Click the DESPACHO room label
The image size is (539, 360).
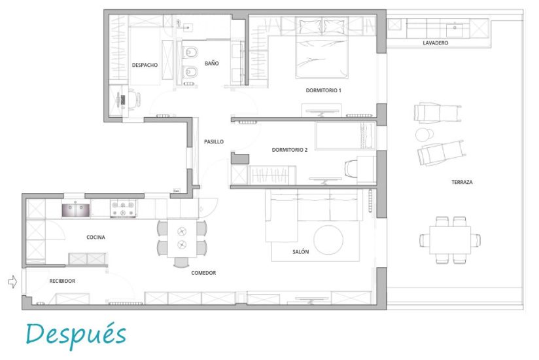point(145,65)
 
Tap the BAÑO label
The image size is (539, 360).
point(211,63)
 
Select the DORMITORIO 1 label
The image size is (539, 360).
point(324,90)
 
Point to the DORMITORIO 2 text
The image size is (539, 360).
point(289,150)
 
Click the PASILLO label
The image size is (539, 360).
point(214,141)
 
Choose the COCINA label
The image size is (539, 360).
point(96,237)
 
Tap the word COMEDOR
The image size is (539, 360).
point(203,273)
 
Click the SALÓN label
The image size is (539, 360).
point(300,252)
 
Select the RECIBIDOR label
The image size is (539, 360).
point(62,281)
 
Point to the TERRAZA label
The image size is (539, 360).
point(462,182)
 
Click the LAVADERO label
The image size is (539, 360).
point(436,43)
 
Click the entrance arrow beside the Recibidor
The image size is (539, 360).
point(12,281)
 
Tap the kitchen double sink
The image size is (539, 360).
point(76,210)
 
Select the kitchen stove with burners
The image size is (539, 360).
point(123,209)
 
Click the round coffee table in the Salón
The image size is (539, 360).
point(328,240)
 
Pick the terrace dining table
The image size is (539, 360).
point(450,240)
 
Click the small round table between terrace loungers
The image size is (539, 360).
point(425,135)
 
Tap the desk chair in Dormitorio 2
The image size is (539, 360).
point(351,169)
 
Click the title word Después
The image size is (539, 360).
point(76,334)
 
